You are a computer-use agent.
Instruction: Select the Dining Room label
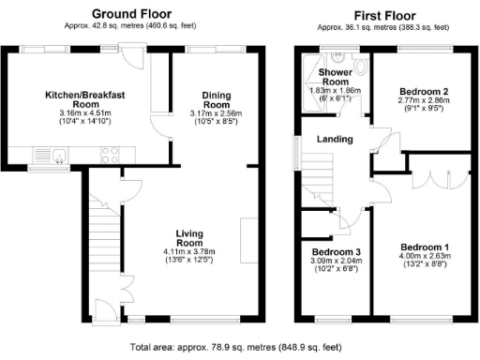(x=204, y=100)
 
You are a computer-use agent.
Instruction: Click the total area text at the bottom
(x=239, y=346)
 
